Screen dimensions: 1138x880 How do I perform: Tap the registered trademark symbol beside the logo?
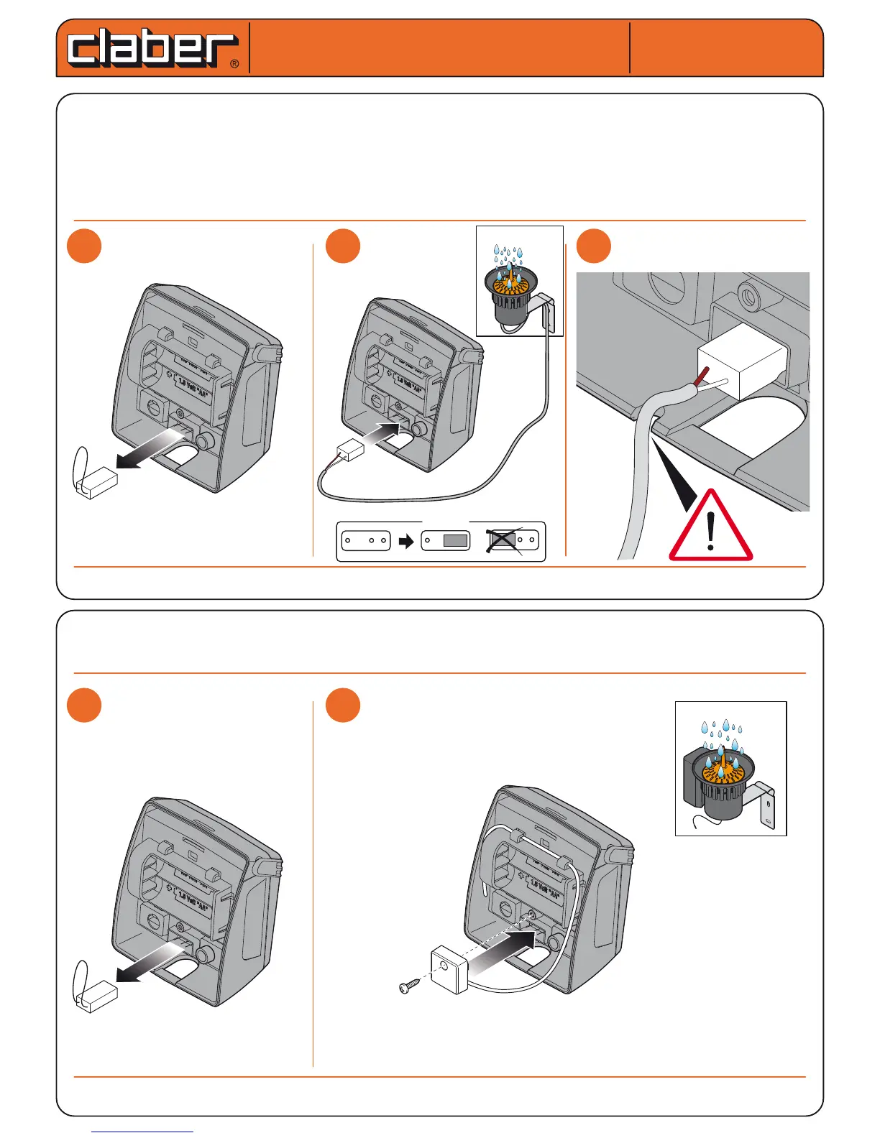(234, 64)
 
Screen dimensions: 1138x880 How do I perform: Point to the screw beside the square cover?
(408, 987)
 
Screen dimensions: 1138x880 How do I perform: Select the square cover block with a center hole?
(449, 970)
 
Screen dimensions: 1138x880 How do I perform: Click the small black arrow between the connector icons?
(406, 541)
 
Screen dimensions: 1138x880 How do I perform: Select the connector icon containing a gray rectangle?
(446, 540)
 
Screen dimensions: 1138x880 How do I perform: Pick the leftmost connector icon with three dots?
(365, 540)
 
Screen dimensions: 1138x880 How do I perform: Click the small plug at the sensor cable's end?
(352, 450)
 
